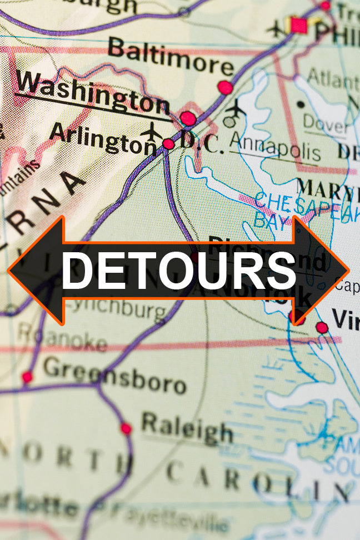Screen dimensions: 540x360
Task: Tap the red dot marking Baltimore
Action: click(x=225, y=87)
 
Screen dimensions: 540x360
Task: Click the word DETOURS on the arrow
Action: click(x=178, y=271)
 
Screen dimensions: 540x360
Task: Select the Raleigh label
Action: click(x=187, y=428)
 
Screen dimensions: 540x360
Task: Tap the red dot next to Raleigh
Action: click(x=126, y=428)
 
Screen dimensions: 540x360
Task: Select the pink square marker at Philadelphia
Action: click(x=299, y=24)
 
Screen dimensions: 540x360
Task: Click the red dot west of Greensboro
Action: click(x=27, y=377)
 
